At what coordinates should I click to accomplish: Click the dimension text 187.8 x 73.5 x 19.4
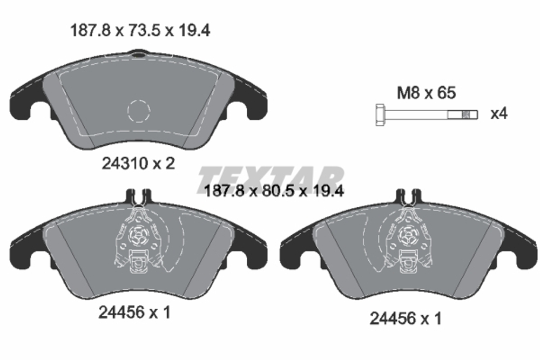pos(140,31)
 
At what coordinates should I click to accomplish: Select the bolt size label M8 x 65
pos(427,93)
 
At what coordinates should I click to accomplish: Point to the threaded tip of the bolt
pos(470,114)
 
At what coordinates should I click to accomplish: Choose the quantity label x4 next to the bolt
pos(499,114)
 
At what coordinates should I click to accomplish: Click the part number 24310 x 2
pos(138,163)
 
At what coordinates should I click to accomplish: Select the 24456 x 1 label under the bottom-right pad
pos(405,318)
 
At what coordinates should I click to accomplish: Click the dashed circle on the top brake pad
pos(138,111)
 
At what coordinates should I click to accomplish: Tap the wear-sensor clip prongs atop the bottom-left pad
pos(138,196)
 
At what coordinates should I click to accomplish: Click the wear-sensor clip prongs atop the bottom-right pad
pos(408,196)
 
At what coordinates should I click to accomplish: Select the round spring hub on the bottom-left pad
pos(138,234)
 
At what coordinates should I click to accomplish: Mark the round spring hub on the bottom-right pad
pos(408,234)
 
